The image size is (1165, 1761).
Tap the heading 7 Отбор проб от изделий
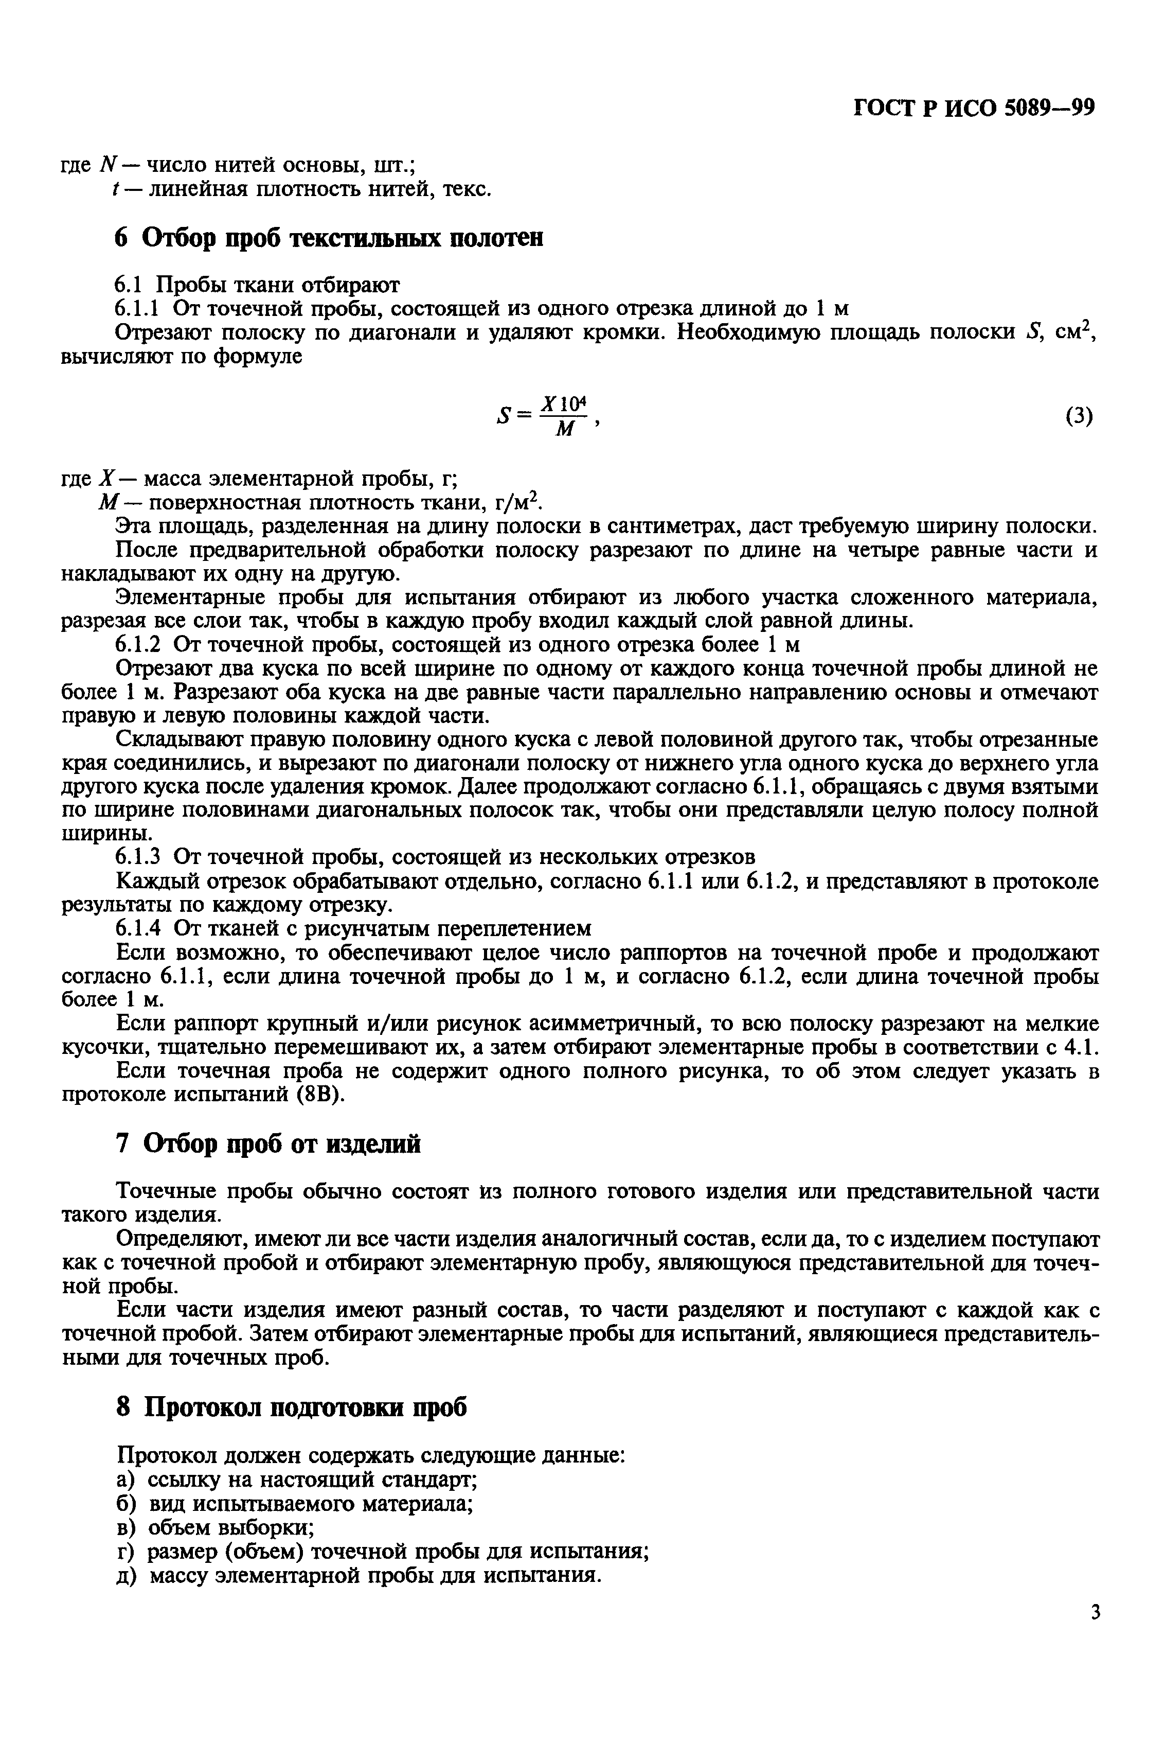(269, 1143)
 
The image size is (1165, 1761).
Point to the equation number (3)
(1079, 416)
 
